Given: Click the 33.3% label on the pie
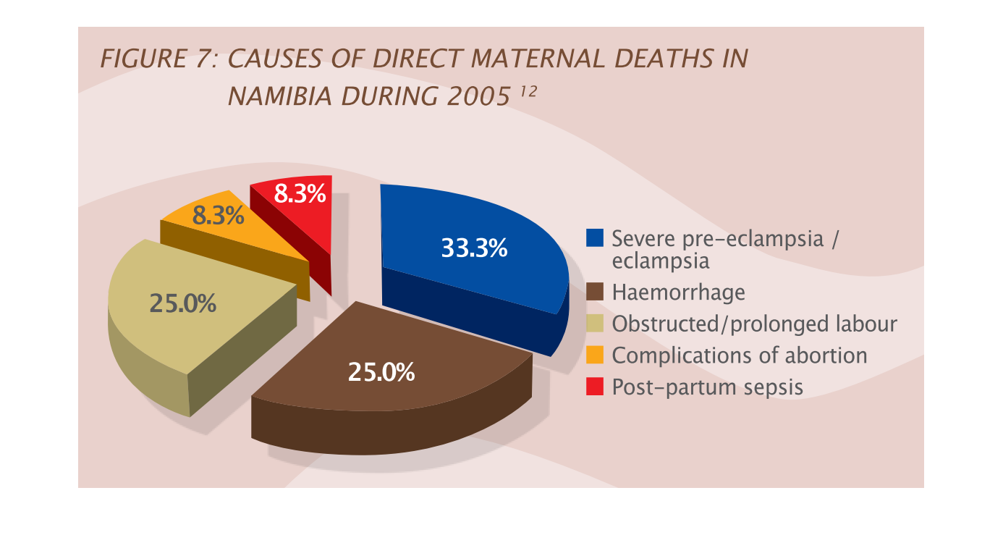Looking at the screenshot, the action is tap(474, 248).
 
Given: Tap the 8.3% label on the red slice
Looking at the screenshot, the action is tap(300, 194).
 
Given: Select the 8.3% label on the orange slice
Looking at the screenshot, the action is tap(218, 216).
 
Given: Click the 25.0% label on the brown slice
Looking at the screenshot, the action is tap(381, 372).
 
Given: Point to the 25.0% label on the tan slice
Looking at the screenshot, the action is tap(182, 303).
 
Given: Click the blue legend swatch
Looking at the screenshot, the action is tap(595, 238).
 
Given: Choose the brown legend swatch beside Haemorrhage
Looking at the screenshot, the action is tap(595, 292).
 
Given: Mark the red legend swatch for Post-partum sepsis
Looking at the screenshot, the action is tap(595, 387).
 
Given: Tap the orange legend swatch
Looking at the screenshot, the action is tap(595, 355).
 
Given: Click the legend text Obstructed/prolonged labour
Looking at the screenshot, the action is tap(755, 324).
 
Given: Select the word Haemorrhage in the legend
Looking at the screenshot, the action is tap(678, 292).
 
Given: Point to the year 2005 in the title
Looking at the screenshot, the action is tap(478, 96).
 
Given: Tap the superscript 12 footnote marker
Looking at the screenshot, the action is tap(528, 91).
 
